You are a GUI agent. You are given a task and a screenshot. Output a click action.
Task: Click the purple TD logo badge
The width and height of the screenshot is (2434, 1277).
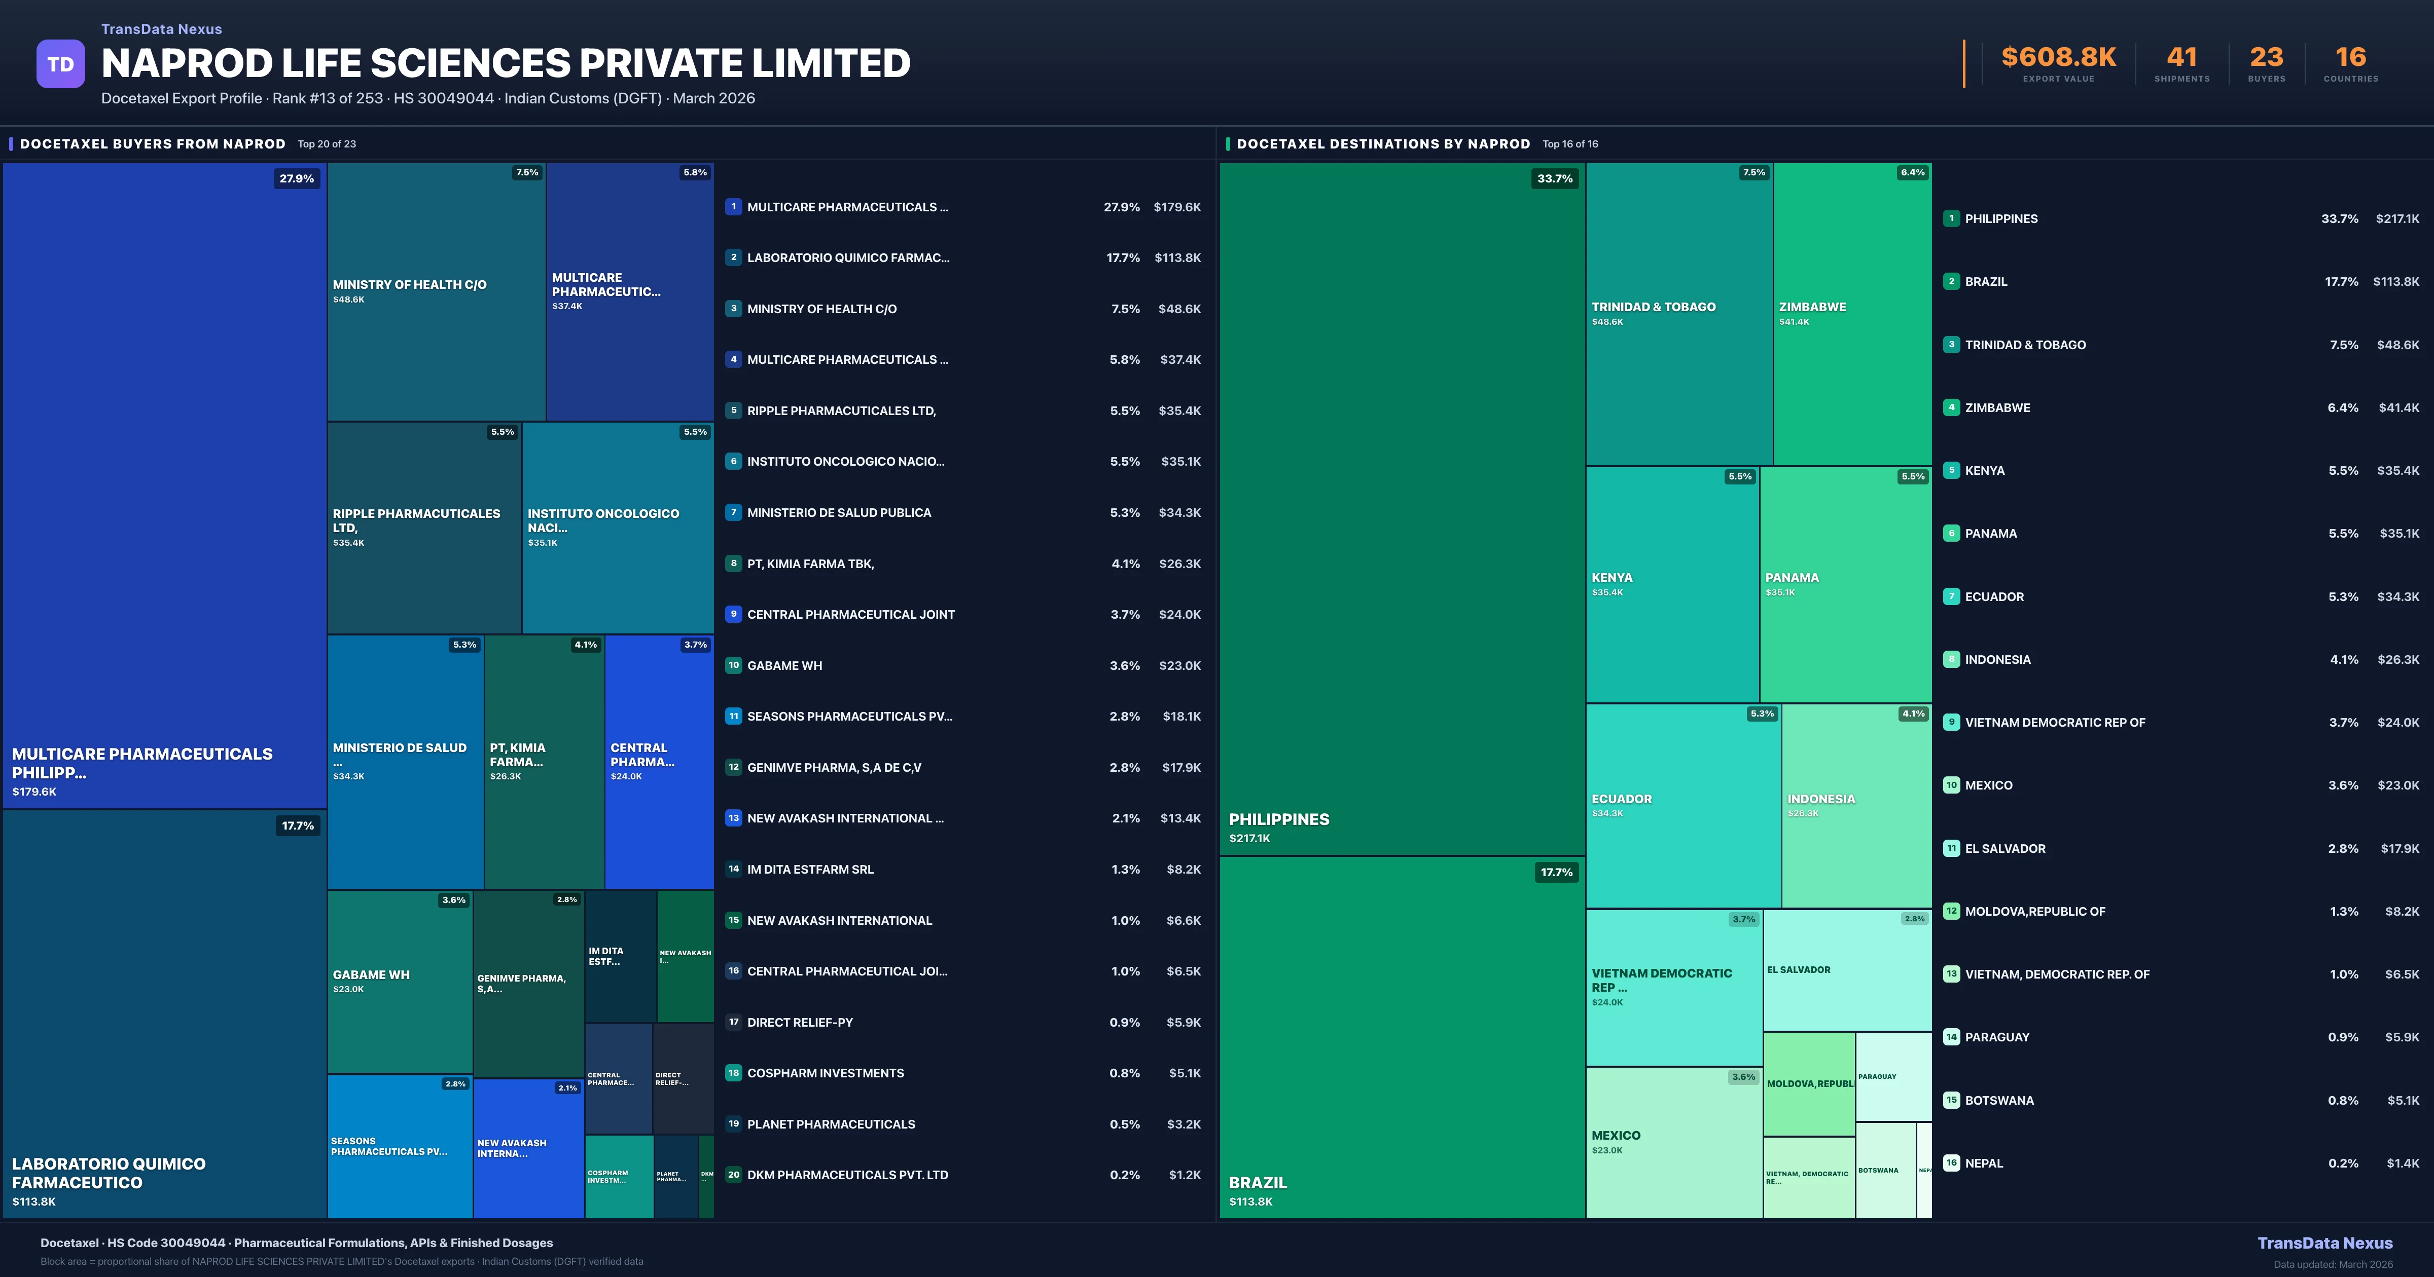pyautogui.click(x=60, y=64)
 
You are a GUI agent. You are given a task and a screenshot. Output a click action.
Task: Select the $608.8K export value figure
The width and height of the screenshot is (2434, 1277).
pyautogui.click(x=2058, y=58)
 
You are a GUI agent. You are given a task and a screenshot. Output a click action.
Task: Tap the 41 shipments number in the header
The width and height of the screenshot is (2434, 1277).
pyautogui.click(x=2181, y=58)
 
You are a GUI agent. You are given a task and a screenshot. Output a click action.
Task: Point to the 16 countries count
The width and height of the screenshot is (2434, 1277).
pyautogui.click(x=2350, y=58)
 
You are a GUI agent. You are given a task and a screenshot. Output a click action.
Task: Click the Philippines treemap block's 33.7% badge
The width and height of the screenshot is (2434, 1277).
pyautogui.click(x=1554, y=178)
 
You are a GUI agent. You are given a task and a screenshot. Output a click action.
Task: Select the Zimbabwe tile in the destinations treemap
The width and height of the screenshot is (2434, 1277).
pyautogui.click(x=1852, y=314)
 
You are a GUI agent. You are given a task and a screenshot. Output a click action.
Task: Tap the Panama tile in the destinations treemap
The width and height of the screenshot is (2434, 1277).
pyautogui.click(x=1845, y=584)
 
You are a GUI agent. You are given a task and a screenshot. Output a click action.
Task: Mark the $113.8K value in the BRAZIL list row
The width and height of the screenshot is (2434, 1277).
pyautogui.click(x=2395, y=281)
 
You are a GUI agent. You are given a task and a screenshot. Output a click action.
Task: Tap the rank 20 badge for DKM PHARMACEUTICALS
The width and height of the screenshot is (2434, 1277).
pyautogui.click(x=733, y=1175)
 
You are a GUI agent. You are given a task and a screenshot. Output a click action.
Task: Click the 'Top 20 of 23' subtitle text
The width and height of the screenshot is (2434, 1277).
pyautogui.click(x=327, y=144)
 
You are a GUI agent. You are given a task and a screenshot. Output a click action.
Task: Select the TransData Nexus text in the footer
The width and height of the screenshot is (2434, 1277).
pyautogui.click(x=2324, y=1243)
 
